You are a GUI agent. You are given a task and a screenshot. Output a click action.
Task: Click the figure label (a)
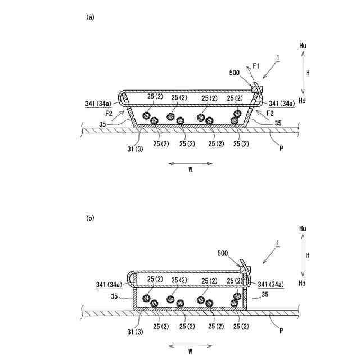[x=90, y=17]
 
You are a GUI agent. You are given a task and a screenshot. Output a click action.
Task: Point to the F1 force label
[x=256, y=66]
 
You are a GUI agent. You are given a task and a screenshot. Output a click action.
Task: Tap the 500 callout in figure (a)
[x=236, y=73]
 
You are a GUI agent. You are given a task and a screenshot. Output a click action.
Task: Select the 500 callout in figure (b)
[x=224, y=254]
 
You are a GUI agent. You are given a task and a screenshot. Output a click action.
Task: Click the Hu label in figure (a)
[x=303, y=44]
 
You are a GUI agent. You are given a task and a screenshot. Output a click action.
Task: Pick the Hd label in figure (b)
[x=303, y=282]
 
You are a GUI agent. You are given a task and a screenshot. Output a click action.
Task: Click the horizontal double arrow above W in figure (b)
[x=190, y=342]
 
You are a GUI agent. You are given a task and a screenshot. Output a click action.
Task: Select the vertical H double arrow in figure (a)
[x=303, y=72]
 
